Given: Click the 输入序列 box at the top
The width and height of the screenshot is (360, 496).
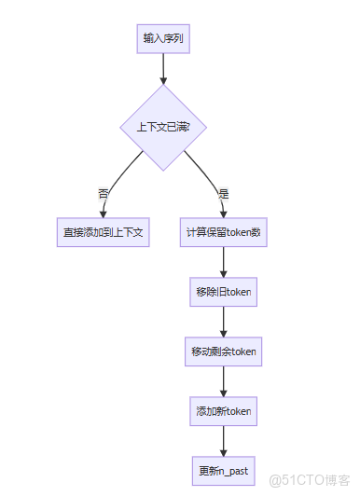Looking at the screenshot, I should (x=163, y=39).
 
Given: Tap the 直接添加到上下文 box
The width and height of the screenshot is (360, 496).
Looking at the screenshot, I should (x=103, y=232).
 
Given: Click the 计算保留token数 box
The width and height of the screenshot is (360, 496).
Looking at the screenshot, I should (x=223, y=232).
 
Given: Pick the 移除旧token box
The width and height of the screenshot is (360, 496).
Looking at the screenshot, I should (x=223, y=292).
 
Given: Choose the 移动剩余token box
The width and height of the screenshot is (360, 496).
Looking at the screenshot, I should (x=223, y=351).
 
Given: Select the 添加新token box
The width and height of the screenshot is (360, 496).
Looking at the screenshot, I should (x=223, y=410).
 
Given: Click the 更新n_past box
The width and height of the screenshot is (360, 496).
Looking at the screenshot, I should (x=223, y=469).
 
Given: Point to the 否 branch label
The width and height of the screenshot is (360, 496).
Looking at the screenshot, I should (x=103, y=194).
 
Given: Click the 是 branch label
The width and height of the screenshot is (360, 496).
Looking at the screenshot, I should (x=223, y=194).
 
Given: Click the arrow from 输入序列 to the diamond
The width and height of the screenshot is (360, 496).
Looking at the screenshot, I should (x=163, y=68).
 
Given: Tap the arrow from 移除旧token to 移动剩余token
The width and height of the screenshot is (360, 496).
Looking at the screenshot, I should (x=223, y=321).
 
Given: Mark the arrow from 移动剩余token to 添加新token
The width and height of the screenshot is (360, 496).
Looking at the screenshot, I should (x=223, y=380).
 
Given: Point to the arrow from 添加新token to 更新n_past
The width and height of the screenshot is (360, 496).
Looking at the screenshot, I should (x=223, y=439).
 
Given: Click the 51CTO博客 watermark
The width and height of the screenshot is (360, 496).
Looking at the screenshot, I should (x=309, y=479).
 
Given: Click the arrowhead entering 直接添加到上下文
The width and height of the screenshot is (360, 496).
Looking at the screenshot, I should (x=103, y=214).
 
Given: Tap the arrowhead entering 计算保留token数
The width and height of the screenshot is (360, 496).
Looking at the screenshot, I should (x=223, y=214).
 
